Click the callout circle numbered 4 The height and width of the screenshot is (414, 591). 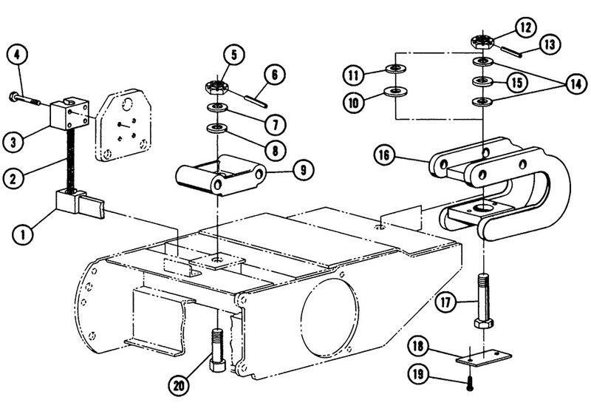(18, 54)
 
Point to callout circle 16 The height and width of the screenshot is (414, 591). (405, 156)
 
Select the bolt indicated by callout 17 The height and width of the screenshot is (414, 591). (482, 304)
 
